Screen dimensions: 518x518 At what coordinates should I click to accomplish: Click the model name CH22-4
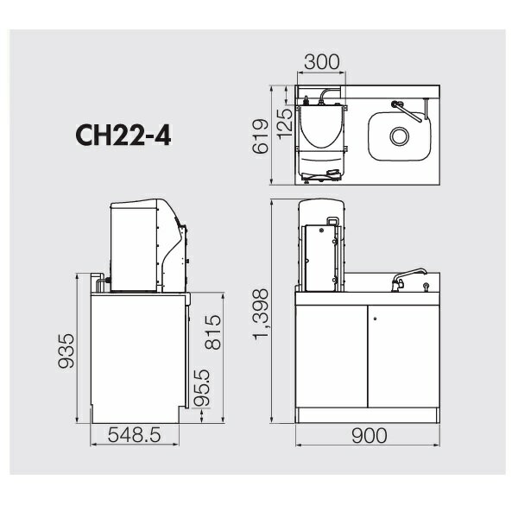coord(123,136)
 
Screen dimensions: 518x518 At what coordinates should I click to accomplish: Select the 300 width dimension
coord(321,62)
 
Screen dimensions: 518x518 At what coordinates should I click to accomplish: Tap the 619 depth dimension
coord(261,136)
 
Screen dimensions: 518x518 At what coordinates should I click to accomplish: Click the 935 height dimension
coord(66,351)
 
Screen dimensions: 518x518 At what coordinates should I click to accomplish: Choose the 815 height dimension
coord(212,332)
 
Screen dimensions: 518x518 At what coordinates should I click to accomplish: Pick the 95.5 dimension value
coord(201,388)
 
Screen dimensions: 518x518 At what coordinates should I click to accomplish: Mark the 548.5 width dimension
coord(134,435)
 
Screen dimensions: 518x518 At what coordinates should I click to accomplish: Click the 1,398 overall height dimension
coord(261,314)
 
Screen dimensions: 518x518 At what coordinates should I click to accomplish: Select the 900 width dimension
coord(369,435)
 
